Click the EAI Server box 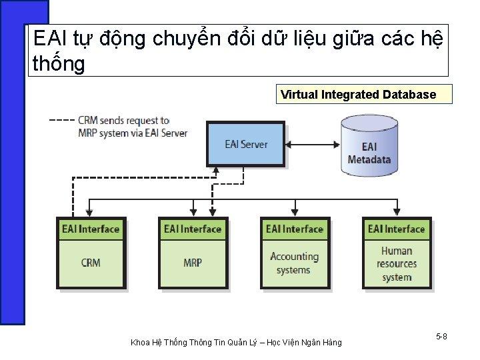tap(246, 144)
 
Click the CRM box tap(91, 263)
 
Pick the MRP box tap(193, 263)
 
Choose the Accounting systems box tap(294, 263)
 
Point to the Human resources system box tap(397, 263)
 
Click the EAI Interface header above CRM tap(91, 229)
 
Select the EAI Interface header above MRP tap(193, 229)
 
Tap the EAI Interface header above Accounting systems tap(294, 229)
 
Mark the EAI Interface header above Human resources tap(397, 229)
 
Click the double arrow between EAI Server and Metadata tap(313, 143)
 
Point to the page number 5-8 tap(441, 337)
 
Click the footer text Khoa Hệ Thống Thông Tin tap(236, 343)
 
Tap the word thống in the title tap(59, 64)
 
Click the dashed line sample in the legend tap(62, 121)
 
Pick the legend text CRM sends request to tap(123, 121)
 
